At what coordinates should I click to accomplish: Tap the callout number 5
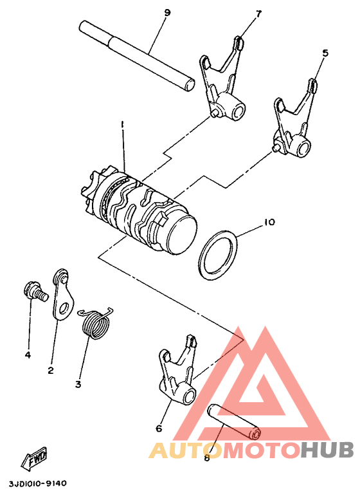(325, 53)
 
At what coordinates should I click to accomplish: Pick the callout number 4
(28, 355)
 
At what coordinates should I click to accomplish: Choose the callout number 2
(50, 370)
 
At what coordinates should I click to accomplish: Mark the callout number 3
(78, 384)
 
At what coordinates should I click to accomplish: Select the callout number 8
(206, 458)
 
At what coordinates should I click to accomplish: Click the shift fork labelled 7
(222, 84)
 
